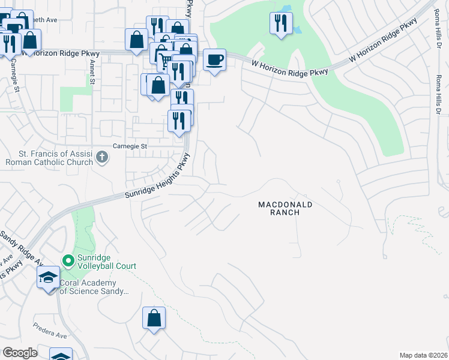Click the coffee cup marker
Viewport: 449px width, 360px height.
pos(215,60)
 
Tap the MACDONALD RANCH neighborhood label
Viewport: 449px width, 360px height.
pos(286,208)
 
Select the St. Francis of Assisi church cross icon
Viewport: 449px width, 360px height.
pos(103,158)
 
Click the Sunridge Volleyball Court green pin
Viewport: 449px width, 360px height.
pos(68,261)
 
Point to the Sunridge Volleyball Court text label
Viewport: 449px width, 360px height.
pos(107,262)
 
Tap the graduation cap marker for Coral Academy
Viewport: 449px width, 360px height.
pos(49,278)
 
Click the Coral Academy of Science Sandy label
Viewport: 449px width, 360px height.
pos(95,286)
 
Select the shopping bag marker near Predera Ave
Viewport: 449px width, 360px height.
pos(154,317)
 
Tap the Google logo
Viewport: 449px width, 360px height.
pos(20,353)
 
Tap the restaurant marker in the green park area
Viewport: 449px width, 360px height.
pos(281,23)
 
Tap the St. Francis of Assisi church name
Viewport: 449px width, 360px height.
pos(50,158)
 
